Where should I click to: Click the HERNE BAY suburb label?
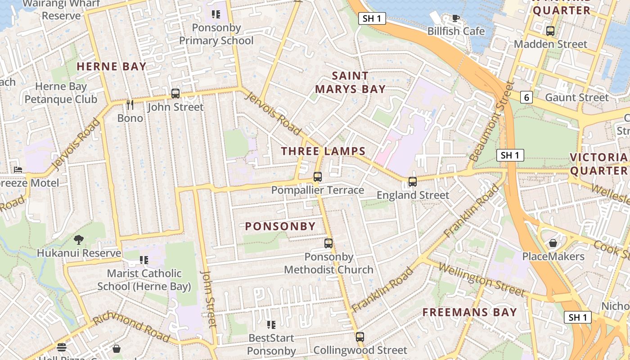112,67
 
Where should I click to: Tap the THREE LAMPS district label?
323,151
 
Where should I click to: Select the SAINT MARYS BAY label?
350,82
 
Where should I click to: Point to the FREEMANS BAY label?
470,312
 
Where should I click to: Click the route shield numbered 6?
526,97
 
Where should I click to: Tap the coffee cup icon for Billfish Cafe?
455,18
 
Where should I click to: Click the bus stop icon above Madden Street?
550,31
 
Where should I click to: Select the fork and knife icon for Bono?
130,105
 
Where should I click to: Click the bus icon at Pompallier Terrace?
318,177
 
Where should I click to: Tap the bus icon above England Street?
413,182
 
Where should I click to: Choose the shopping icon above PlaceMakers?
553,243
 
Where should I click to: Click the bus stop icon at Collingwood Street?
360,337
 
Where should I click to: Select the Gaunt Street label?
576,98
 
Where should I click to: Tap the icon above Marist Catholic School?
144,260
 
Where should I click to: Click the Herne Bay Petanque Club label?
61,93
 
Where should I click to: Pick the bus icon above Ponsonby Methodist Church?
328,243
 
